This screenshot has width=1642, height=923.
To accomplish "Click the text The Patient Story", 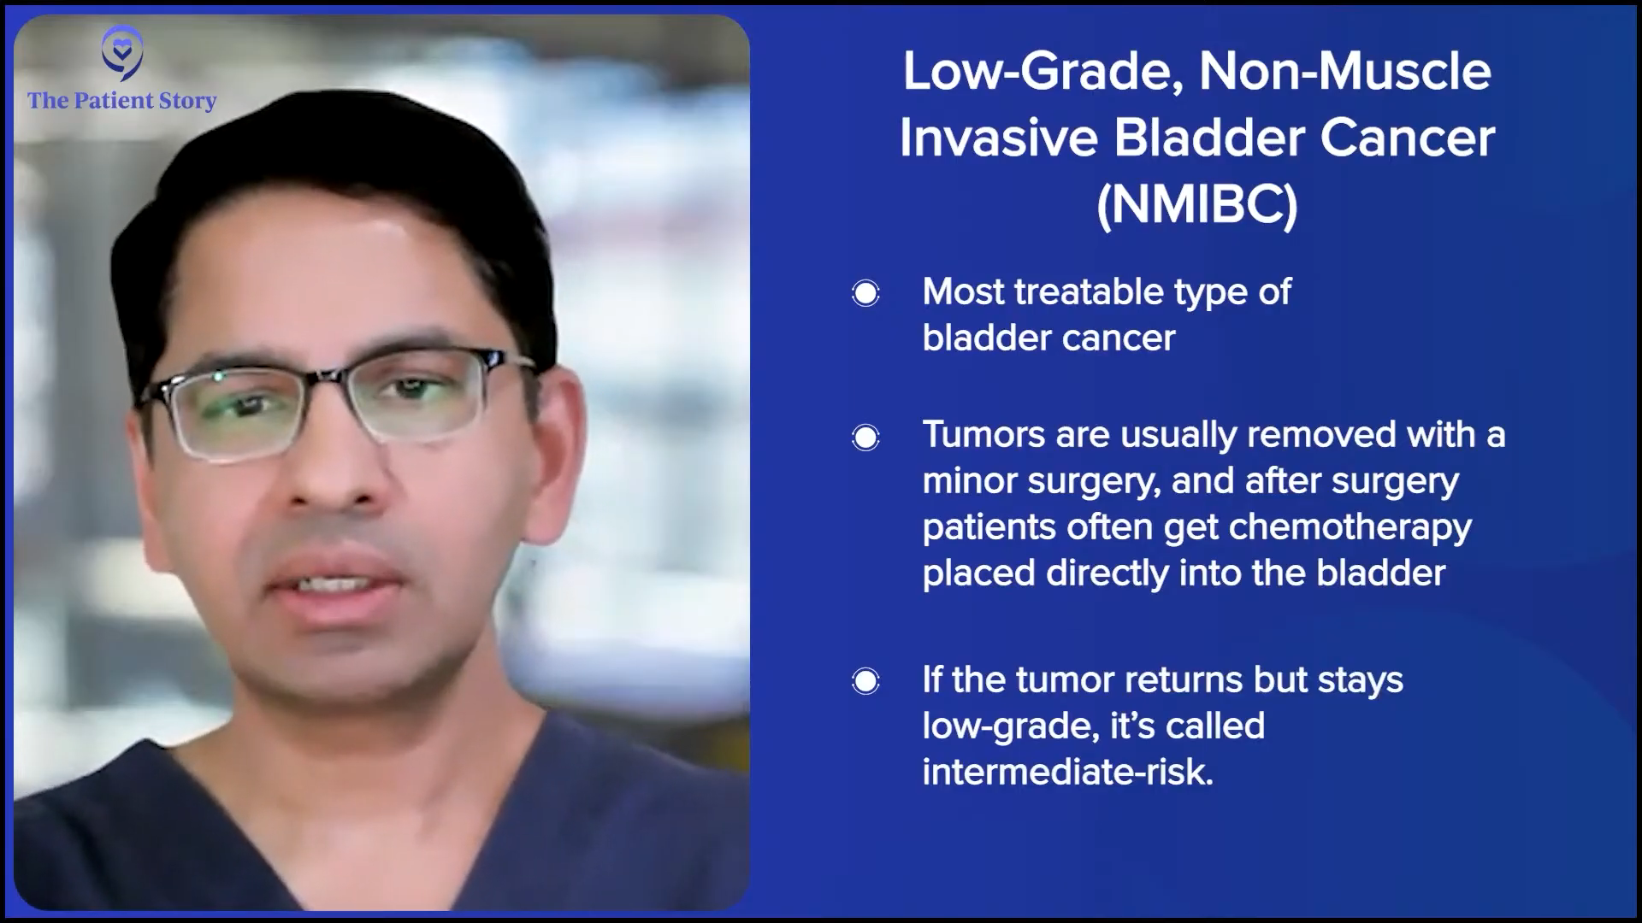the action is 122,101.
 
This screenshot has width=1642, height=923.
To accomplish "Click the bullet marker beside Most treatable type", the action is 865,294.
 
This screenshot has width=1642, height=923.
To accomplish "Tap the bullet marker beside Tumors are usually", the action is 865,438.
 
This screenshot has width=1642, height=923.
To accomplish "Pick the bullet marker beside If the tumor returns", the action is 865,681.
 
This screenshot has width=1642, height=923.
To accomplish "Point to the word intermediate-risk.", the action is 1068,772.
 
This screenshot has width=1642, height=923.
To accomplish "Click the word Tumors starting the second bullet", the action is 984,435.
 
